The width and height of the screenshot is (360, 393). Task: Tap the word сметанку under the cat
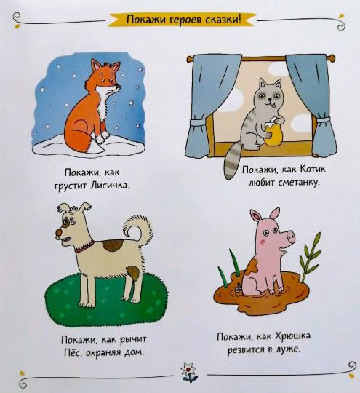tap(299, 183)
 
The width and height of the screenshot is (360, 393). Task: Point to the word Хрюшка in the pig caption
tap(293, 336)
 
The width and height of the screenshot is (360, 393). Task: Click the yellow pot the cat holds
tap(273, 134)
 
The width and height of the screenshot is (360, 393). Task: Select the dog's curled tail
tap(138, 229)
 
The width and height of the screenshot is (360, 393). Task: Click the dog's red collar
tap(85, 247)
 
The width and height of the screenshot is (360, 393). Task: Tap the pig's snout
tap(290, 236)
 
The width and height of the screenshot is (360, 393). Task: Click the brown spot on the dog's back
tap(113, 245)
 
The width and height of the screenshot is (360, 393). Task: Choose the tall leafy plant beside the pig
tap(311, 256)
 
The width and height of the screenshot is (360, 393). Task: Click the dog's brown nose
tap(59, 233)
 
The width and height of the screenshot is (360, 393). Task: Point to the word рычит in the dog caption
tap(133, 340)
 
